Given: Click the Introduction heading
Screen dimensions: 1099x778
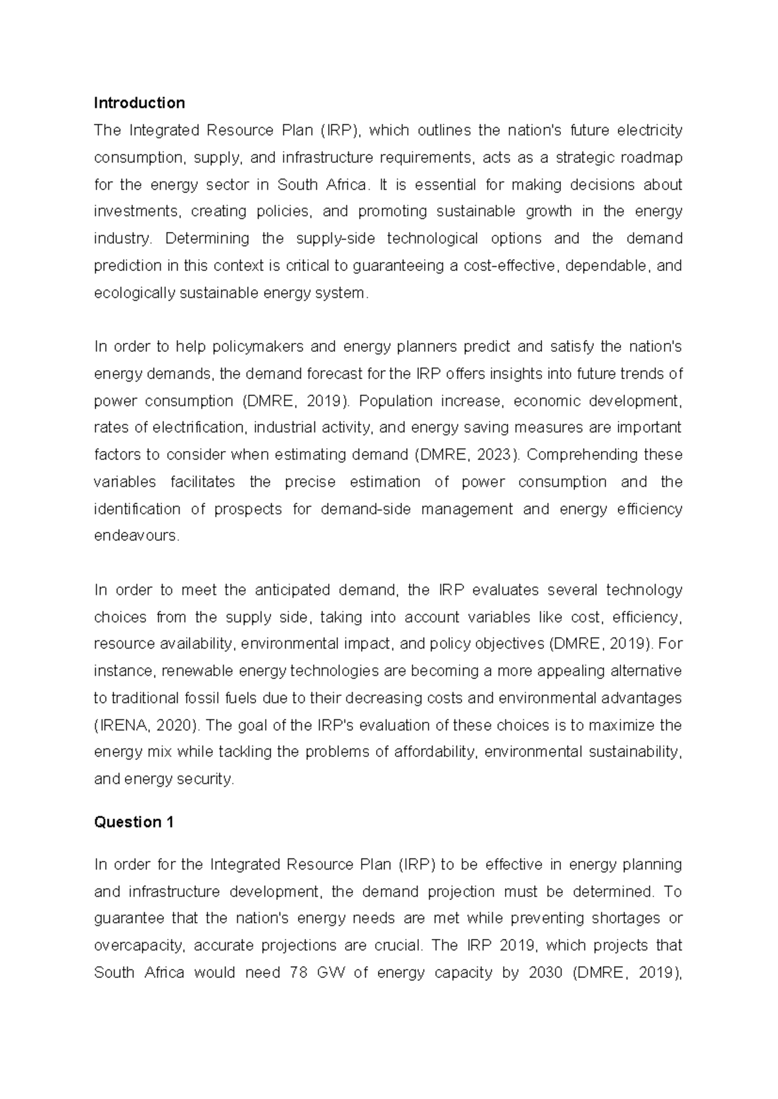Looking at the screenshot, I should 139,103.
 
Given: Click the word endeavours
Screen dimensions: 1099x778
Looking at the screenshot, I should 135,537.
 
